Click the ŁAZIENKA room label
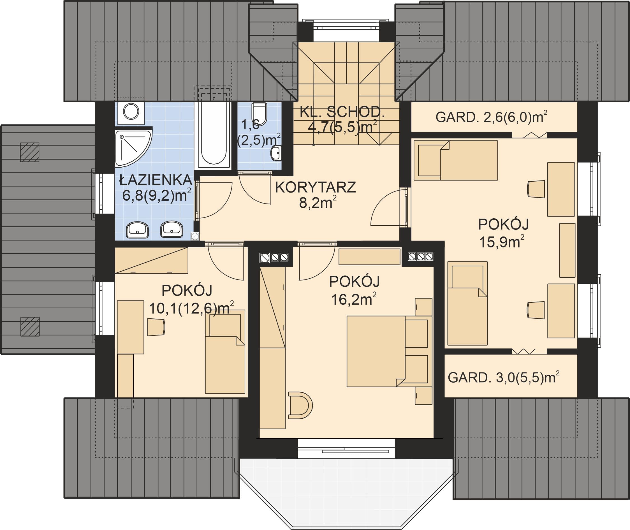coord(156,180)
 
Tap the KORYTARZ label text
coord(316,187)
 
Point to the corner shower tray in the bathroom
coord(133,148)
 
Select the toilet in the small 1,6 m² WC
coord(259,114)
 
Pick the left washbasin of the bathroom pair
coord(137,230)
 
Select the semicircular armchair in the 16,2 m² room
coord(300,405)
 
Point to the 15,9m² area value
coord(501,242)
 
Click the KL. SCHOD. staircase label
coord(342,112)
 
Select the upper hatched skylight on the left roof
coord(30,152)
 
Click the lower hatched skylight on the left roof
coord(30,327)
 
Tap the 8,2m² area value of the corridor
coord(317,203)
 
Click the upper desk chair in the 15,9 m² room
coord(536,189)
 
